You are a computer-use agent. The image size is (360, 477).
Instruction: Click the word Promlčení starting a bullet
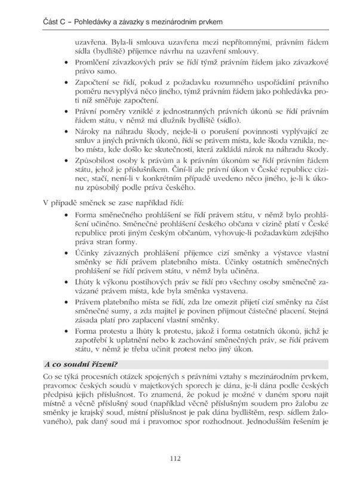point(93,63)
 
